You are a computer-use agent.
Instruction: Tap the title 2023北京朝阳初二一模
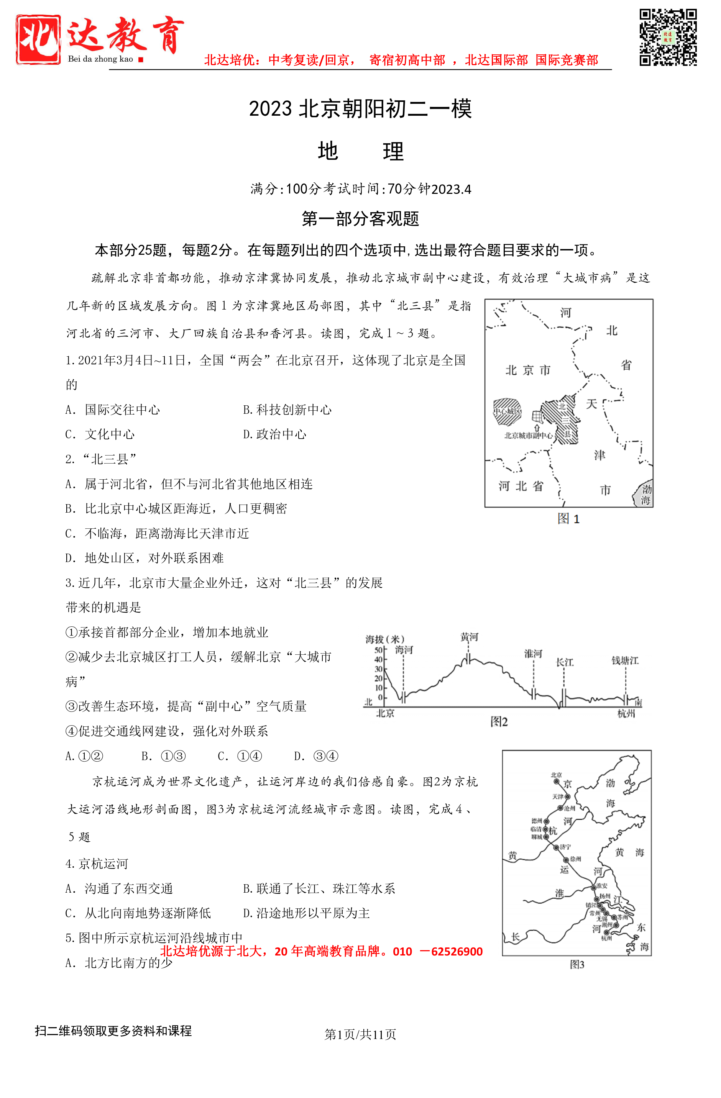[360, 109]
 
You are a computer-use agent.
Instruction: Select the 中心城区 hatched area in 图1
[507, 411]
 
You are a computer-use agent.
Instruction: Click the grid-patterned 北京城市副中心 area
[537, 416]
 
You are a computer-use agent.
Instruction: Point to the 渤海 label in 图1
[645, 494]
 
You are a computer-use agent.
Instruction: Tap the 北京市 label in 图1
[527, 370]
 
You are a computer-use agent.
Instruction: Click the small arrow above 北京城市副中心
[537, 428]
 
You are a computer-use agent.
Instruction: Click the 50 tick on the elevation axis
[378, 650]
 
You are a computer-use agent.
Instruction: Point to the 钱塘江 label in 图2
[625, 660]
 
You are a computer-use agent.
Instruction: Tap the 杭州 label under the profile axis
[626, 714]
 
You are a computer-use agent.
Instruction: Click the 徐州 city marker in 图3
[566, 859]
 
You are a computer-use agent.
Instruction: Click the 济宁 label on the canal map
[565, 847]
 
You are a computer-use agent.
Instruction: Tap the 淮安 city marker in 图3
[594, 887]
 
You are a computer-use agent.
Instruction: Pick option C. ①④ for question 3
[240, 756]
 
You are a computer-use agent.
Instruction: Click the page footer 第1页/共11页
[360, 1034]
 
